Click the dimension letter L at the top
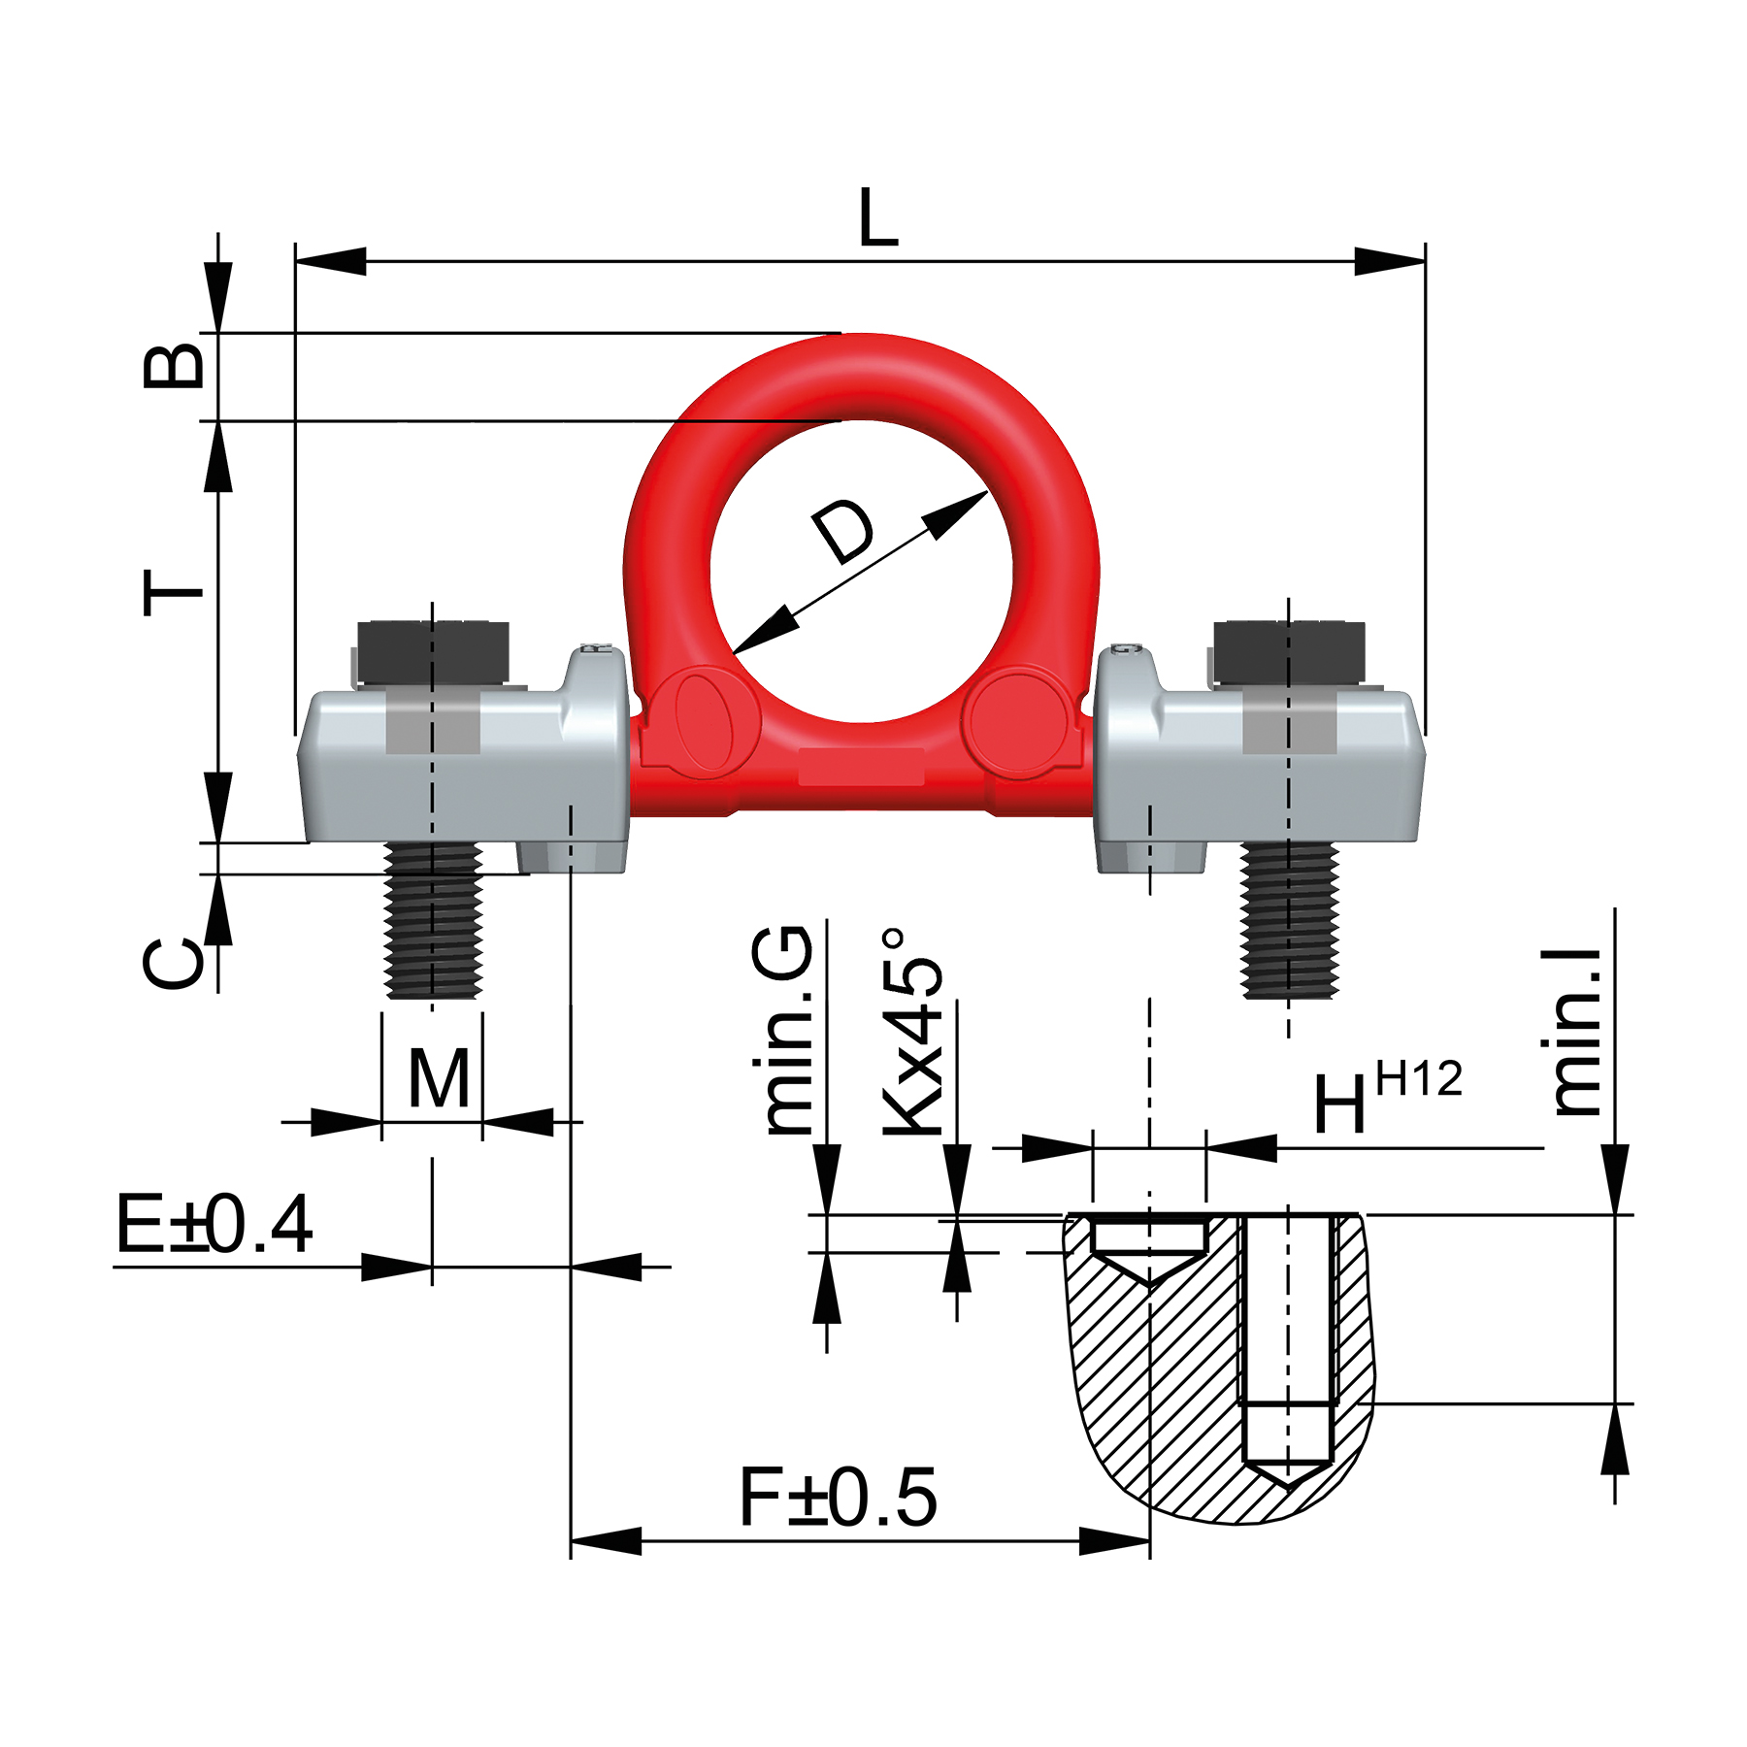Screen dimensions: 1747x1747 [x=878, y=218]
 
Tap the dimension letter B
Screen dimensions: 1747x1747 [x=175, y=365]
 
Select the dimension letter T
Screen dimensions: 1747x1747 [x=173, y=592]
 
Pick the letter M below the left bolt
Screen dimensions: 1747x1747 [x=439, y=1078]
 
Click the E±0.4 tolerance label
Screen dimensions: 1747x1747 [x=214, y=1225]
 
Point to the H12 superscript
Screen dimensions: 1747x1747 [x=1418, y=1079]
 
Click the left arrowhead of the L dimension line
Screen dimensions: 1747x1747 [x=330, y=261]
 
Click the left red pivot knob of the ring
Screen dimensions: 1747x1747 [x=705, y=723]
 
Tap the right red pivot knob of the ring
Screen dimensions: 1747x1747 [x=1019, y=723]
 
